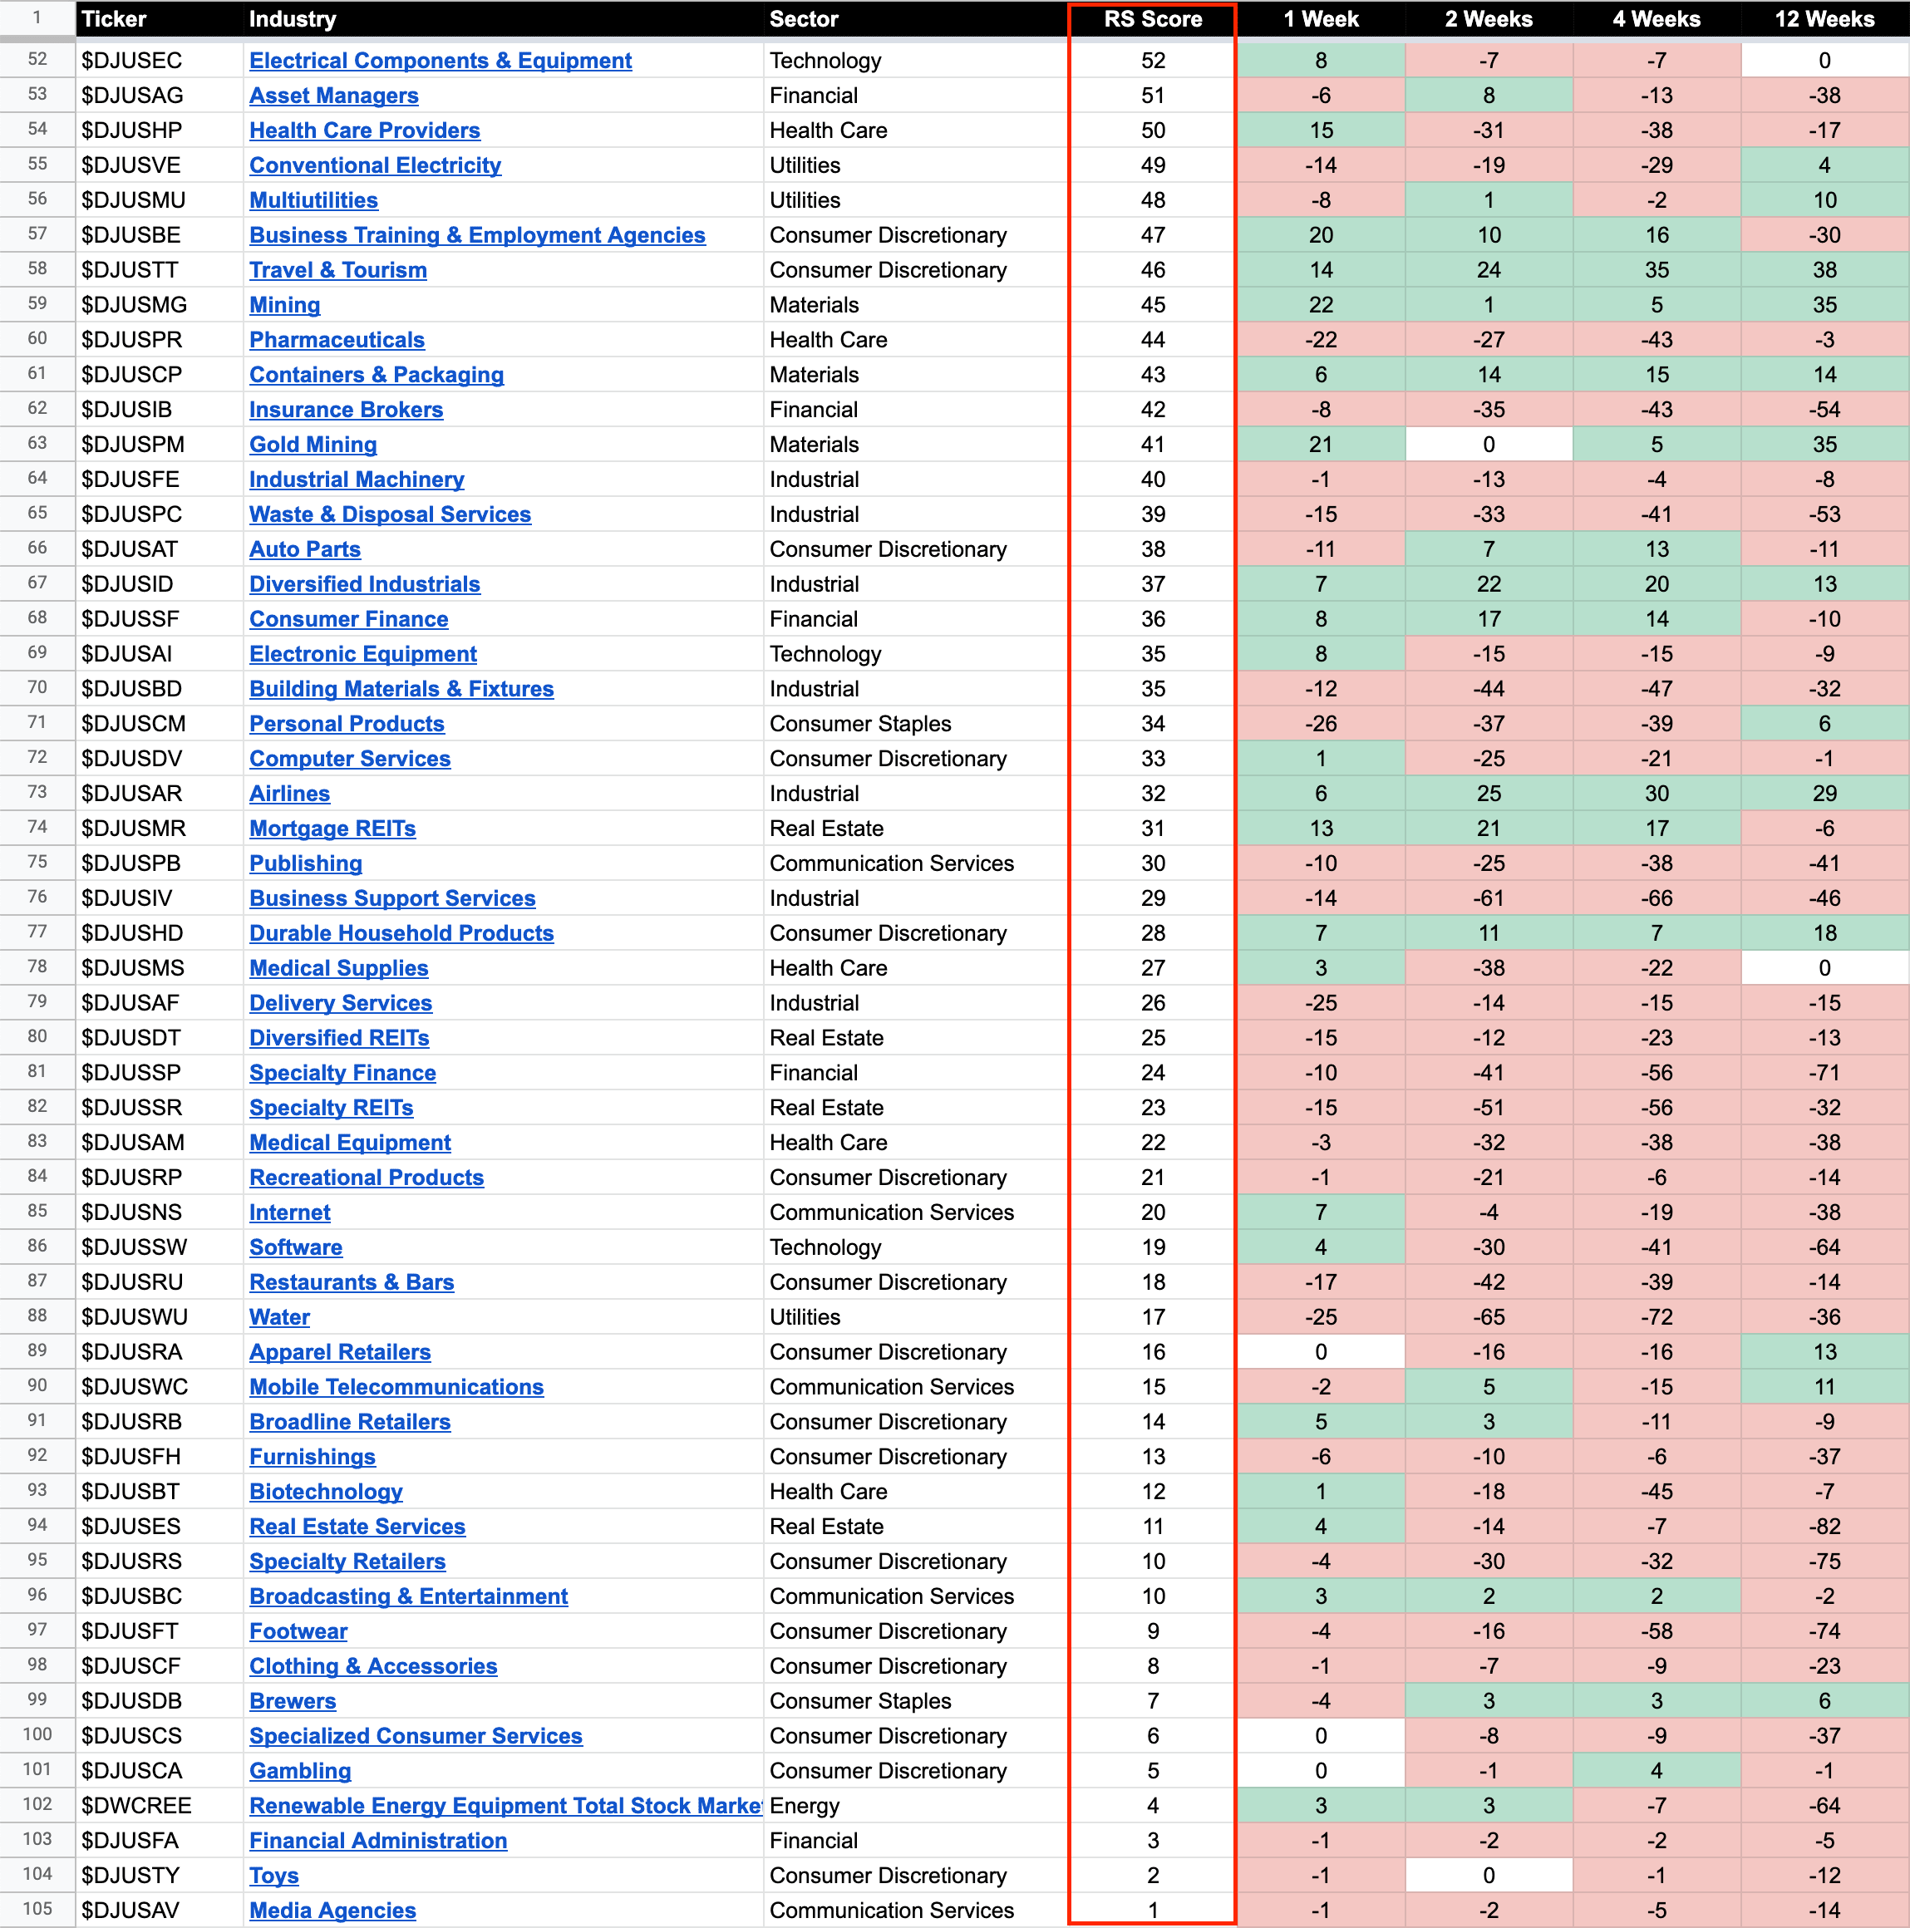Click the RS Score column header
click(x=1153, y=19)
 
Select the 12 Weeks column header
click(x=1824, y=19)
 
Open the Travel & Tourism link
click(x=337, y=269)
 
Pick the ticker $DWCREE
click(x=136, y=1805)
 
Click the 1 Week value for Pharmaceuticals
click(x=1320, y=339)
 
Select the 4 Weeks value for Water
click(x=1656, y=1316)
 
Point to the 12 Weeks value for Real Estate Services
click(x=1824, y=1526)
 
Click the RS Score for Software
click(x=1153, y=1247)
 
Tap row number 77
click(x=37, y=932)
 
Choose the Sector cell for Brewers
click(x=860, y=1700)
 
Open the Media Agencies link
click(x=332, y=1910)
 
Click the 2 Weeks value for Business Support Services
click(x=1488, y=898)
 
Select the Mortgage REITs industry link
click(x=332, y=829)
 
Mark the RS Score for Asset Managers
click(x=1153, y=96)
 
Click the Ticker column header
click(x=114, y=19)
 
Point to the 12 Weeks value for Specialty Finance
click(x=1824, y=1073)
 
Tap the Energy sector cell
click(x=805, y=1805)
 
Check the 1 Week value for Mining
click(x=1320, y=304)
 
